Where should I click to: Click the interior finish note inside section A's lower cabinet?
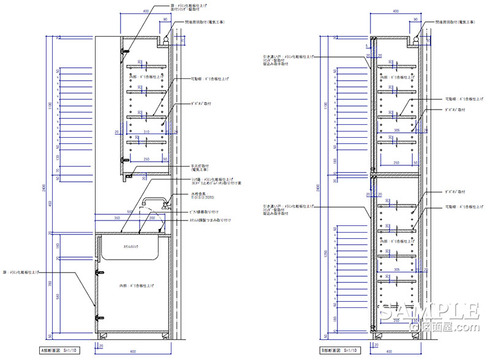[x=136, y=290]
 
